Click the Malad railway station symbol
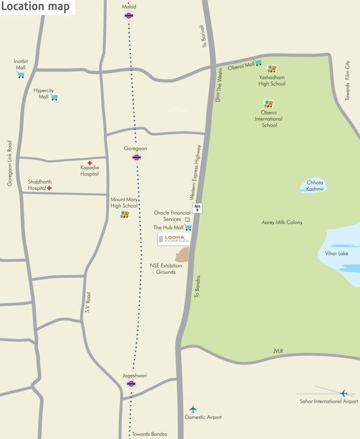(x=129, y=16)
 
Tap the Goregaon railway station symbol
(x=137, y=158)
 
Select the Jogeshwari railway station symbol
(x=131, y=384)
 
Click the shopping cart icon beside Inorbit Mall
(x=21, y=75)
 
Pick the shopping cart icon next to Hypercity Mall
(x=54, y=97)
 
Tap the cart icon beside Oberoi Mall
(x=258, y=62)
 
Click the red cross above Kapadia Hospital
(x=89, y=163)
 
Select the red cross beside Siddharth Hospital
(x=50, y=188)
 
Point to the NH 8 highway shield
(x=198, y=208)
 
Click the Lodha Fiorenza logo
(x=174, y=240)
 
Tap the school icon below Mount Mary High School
(x=125, y=214)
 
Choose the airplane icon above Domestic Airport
(x=193, y=409)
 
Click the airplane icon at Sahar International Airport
(x=344, y=393)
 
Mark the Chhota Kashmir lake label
(x=315, y=186)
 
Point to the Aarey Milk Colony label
(x=282, y=222)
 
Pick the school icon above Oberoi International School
(x=269, y=103)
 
